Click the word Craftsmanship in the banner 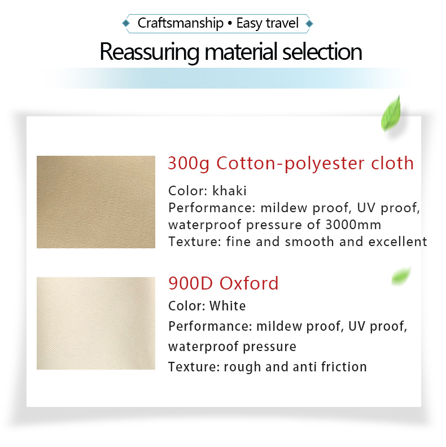click(x=181, y=23)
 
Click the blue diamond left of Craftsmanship click(x=126, y=23)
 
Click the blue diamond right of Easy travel click(x=309, y=24)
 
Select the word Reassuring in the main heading click(x=150, y=52)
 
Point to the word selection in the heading click(x=322, y=51)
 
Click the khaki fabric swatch click(x=96, y=202)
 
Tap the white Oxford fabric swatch click(x=96, y=323)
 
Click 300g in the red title click(x=189, y=164)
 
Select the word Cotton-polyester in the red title click(x=290, y=164)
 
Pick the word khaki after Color click(x=229, y=191)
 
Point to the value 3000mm click(x=353, y=225)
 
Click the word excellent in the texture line click(x=398, y=242)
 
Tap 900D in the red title click(x=190, y=283)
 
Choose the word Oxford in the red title click(x=249, y=283)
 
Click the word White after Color click(x=228, y=306)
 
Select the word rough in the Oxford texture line click(x=242, y=367)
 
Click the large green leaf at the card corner click(x=391, y=114)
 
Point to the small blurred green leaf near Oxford click(x=401, y=275)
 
